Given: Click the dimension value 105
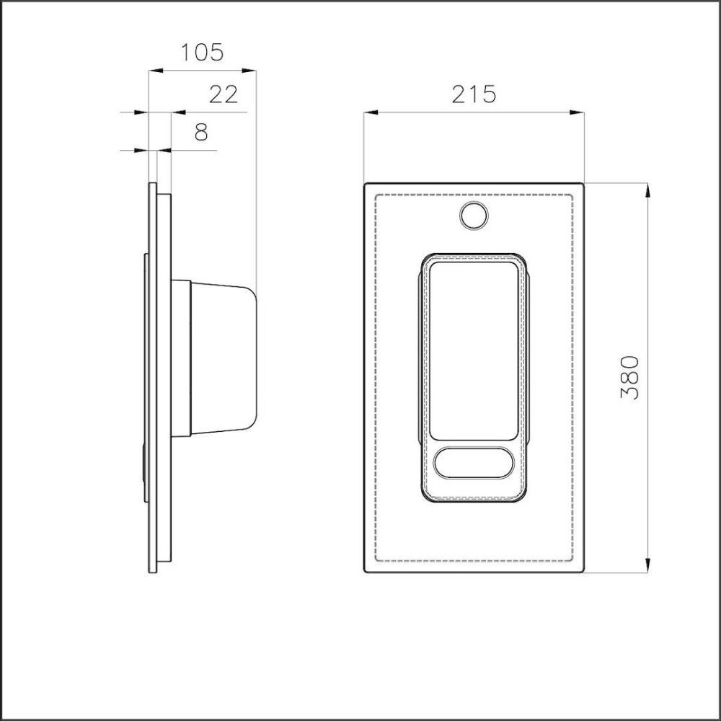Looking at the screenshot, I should (202, 53).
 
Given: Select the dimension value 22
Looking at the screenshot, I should (223, 94).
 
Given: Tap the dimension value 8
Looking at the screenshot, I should (200, 132).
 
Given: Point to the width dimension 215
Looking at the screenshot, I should (474, 94).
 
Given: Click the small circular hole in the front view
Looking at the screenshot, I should (473, 216).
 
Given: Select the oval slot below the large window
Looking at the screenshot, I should (473, 462).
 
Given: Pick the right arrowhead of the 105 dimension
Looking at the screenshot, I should (251, 70).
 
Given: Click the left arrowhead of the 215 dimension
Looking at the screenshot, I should (370, 112).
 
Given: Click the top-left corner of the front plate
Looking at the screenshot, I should (365, 184).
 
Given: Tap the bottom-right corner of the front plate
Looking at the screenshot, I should (582, 572).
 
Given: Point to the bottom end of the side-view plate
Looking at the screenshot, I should (152, 572).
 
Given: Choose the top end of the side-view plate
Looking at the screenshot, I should (152, 184).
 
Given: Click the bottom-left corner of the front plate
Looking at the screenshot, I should (365, 572).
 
